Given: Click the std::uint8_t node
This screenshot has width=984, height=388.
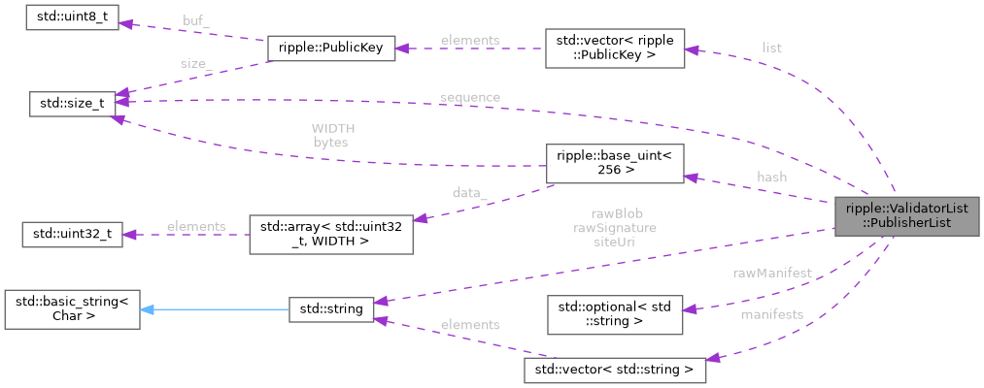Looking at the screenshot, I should point(73,18).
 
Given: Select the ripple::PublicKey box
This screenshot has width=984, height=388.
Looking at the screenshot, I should point(330,50).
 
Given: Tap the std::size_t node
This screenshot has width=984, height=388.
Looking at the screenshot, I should point(73,102).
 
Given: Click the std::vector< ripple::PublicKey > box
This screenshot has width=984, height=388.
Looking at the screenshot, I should point(614,48).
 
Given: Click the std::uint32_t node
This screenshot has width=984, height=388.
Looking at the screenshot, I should point(73,235).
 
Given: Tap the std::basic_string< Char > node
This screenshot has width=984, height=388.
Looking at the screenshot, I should point(73,307).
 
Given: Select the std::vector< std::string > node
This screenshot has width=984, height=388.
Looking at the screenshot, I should point(614,370).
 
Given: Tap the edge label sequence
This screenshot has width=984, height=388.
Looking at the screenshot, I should point(469,97).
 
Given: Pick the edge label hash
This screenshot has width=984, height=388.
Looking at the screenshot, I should point(771,178).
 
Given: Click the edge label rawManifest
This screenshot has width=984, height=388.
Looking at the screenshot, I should point(771,275).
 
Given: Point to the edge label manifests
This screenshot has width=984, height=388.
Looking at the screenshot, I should point(771,315).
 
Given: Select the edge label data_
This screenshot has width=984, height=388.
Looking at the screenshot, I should point(469,193).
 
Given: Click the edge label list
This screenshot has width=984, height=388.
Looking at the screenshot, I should point(771,48).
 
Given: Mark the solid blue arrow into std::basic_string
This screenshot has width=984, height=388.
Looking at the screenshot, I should point(214,309).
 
